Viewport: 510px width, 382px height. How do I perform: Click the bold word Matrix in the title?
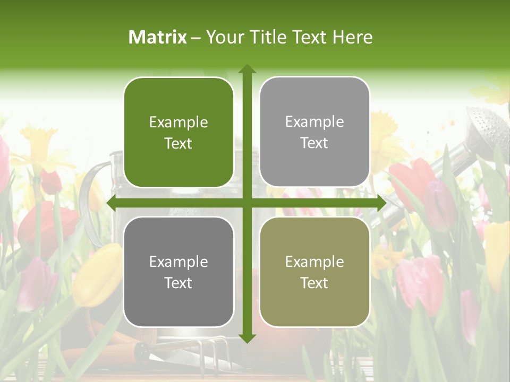pos(158,37)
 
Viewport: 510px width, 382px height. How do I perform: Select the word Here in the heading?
pos(353,37)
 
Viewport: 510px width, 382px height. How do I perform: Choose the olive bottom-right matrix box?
pos(314,305)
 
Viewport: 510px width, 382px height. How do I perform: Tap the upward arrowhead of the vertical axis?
pos(246,68)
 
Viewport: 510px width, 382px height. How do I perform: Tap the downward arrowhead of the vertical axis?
pos(246,338)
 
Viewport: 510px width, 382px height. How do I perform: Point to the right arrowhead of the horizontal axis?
pos(381,203)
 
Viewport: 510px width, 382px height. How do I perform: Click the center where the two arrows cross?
pos(246,203)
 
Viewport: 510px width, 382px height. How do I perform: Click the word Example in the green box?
pos(178,123)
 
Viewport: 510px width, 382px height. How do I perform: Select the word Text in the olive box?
pos(314,283)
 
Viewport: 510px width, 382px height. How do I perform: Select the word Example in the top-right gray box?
pos(314,122)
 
